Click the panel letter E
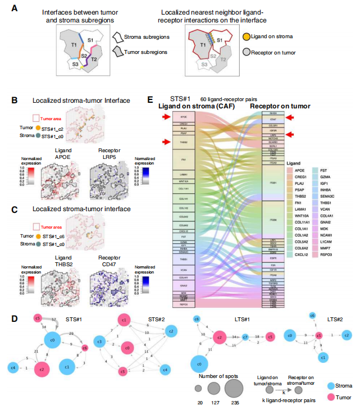(x=150, y=99)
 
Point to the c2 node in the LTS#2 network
(x=347, y=335)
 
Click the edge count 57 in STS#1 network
(x=54, y=318)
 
